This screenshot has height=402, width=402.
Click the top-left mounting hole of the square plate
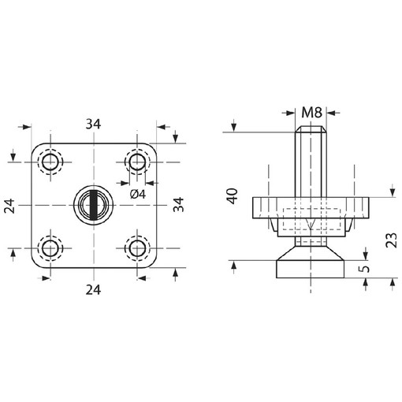point(51,162)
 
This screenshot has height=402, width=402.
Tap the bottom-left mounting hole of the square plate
point(51,248)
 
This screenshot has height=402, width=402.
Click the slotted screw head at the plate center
point(95,205)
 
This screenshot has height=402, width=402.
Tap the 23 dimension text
point(392,238)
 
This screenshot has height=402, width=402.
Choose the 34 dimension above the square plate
point(94,124)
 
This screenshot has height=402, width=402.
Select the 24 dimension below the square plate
point(94,288)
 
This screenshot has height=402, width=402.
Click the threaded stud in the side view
point(312,162)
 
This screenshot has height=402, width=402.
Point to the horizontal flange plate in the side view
point(312,207)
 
